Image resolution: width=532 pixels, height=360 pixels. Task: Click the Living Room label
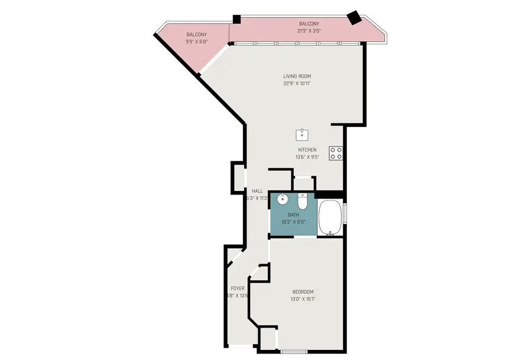297,76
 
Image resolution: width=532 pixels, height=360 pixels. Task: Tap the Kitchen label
307,150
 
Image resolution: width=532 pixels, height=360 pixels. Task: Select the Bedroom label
303,292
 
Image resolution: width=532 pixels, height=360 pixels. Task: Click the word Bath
293,215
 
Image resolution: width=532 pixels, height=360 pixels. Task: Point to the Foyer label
238,288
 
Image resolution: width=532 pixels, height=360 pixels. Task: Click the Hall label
257,191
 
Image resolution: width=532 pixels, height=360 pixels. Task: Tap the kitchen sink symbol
302,134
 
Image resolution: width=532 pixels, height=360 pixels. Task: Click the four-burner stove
336,153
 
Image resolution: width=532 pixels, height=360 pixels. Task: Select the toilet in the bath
303,202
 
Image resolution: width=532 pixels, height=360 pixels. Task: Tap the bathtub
331,218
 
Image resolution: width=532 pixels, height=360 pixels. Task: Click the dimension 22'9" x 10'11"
297,83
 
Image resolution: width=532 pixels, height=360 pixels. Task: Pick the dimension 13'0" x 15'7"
303,300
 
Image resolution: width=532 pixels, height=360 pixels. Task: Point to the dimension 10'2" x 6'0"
293,222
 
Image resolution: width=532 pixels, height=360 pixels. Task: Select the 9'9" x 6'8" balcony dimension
197,42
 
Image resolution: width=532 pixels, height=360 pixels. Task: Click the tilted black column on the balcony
354,18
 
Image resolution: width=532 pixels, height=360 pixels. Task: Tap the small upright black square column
236,20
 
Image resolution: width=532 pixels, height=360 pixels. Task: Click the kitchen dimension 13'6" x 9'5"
307,157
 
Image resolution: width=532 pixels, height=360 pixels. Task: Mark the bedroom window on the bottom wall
294,352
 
